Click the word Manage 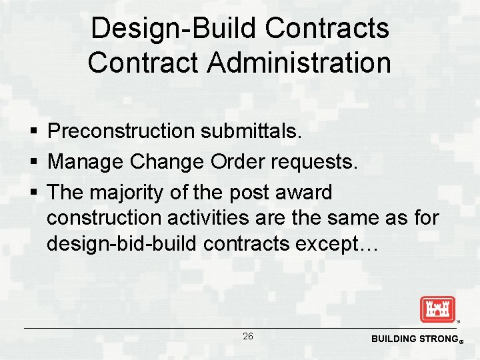(85, 161)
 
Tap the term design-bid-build (122, 244)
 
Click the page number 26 (248, 336)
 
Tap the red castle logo (437, 309)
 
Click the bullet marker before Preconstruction (32, 132)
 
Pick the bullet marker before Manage (32, 162)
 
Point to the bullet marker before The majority (32, 193)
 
